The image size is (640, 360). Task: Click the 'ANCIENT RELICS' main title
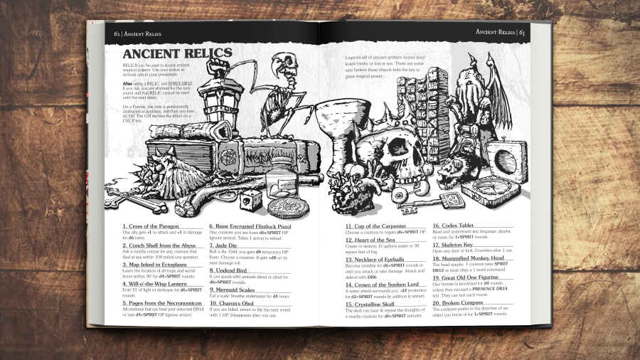tap(177, 53)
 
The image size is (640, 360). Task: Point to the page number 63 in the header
tap(521, 32)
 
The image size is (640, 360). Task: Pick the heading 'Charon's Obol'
tap(233, 303)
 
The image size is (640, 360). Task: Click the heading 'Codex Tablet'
tap(456, 226)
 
